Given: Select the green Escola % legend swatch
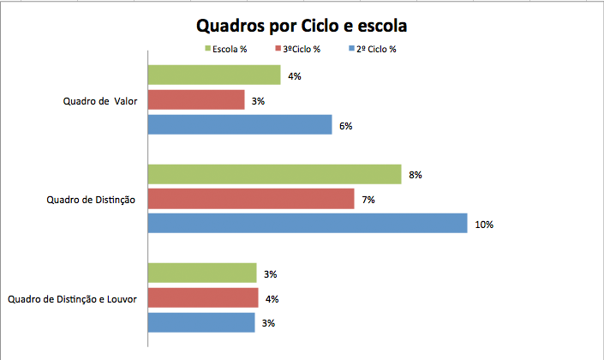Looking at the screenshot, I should tap(207, 49).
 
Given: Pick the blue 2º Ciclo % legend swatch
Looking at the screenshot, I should tap(352, 49).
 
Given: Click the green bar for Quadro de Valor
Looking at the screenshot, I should tap(214, 75).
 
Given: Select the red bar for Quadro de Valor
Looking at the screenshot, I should tap(196, 100).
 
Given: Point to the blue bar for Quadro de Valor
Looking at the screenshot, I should tap(240, 125).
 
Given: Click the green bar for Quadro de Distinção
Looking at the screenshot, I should tap(274, 174).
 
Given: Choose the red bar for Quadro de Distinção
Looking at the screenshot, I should tap(251, 199).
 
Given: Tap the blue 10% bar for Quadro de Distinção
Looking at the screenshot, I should tap(308, 224).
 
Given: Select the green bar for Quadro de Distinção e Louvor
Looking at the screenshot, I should tap(202, 273).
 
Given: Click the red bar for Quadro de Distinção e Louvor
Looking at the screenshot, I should tap(203, 298).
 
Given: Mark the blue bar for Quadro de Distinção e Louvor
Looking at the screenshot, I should tap(201, 322).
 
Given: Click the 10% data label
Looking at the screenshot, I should tap(484, 225).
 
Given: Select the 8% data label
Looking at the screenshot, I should tap(416, 175).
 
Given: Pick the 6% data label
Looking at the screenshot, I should tap(346, 126).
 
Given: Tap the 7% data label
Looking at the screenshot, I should tap(368, 200).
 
